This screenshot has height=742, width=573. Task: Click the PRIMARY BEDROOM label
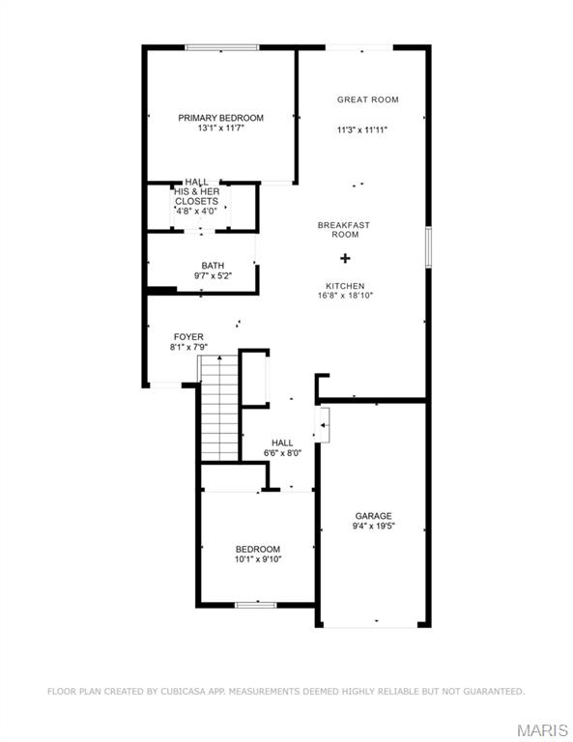click(220, 118)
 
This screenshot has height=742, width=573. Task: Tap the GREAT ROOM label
click(367, 100)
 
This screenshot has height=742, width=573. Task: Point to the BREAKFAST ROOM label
click(344, 230)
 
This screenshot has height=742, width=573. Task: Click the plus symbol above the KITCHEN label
click(345, 258)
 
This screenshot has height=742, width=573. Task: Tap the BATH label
click(213, 266)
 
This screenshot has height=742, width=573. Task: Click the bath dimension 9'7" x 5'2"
click(213, 276)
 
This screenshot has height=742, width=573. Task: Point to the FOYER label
click(188, 337)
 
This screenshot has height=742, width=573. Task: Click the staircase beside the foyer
click(220, 406)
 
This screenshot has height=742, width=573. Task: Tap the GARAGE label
click(373, 516)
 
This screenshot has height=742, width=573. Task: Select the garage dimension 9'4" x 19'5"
click(373, 527)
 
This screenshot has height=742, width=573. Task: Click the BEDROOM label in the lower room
click(257, 549)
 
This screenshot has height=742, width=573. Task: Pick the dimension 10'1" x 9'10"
click(257, 559)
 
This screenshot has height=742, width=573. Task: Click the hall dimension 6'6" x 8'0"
click(282, 452)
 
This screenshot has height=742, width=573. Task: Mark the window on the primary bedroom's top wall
click(221, 46)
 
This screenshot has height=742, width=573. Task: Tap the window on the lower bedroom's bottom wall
click(255, 605)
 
